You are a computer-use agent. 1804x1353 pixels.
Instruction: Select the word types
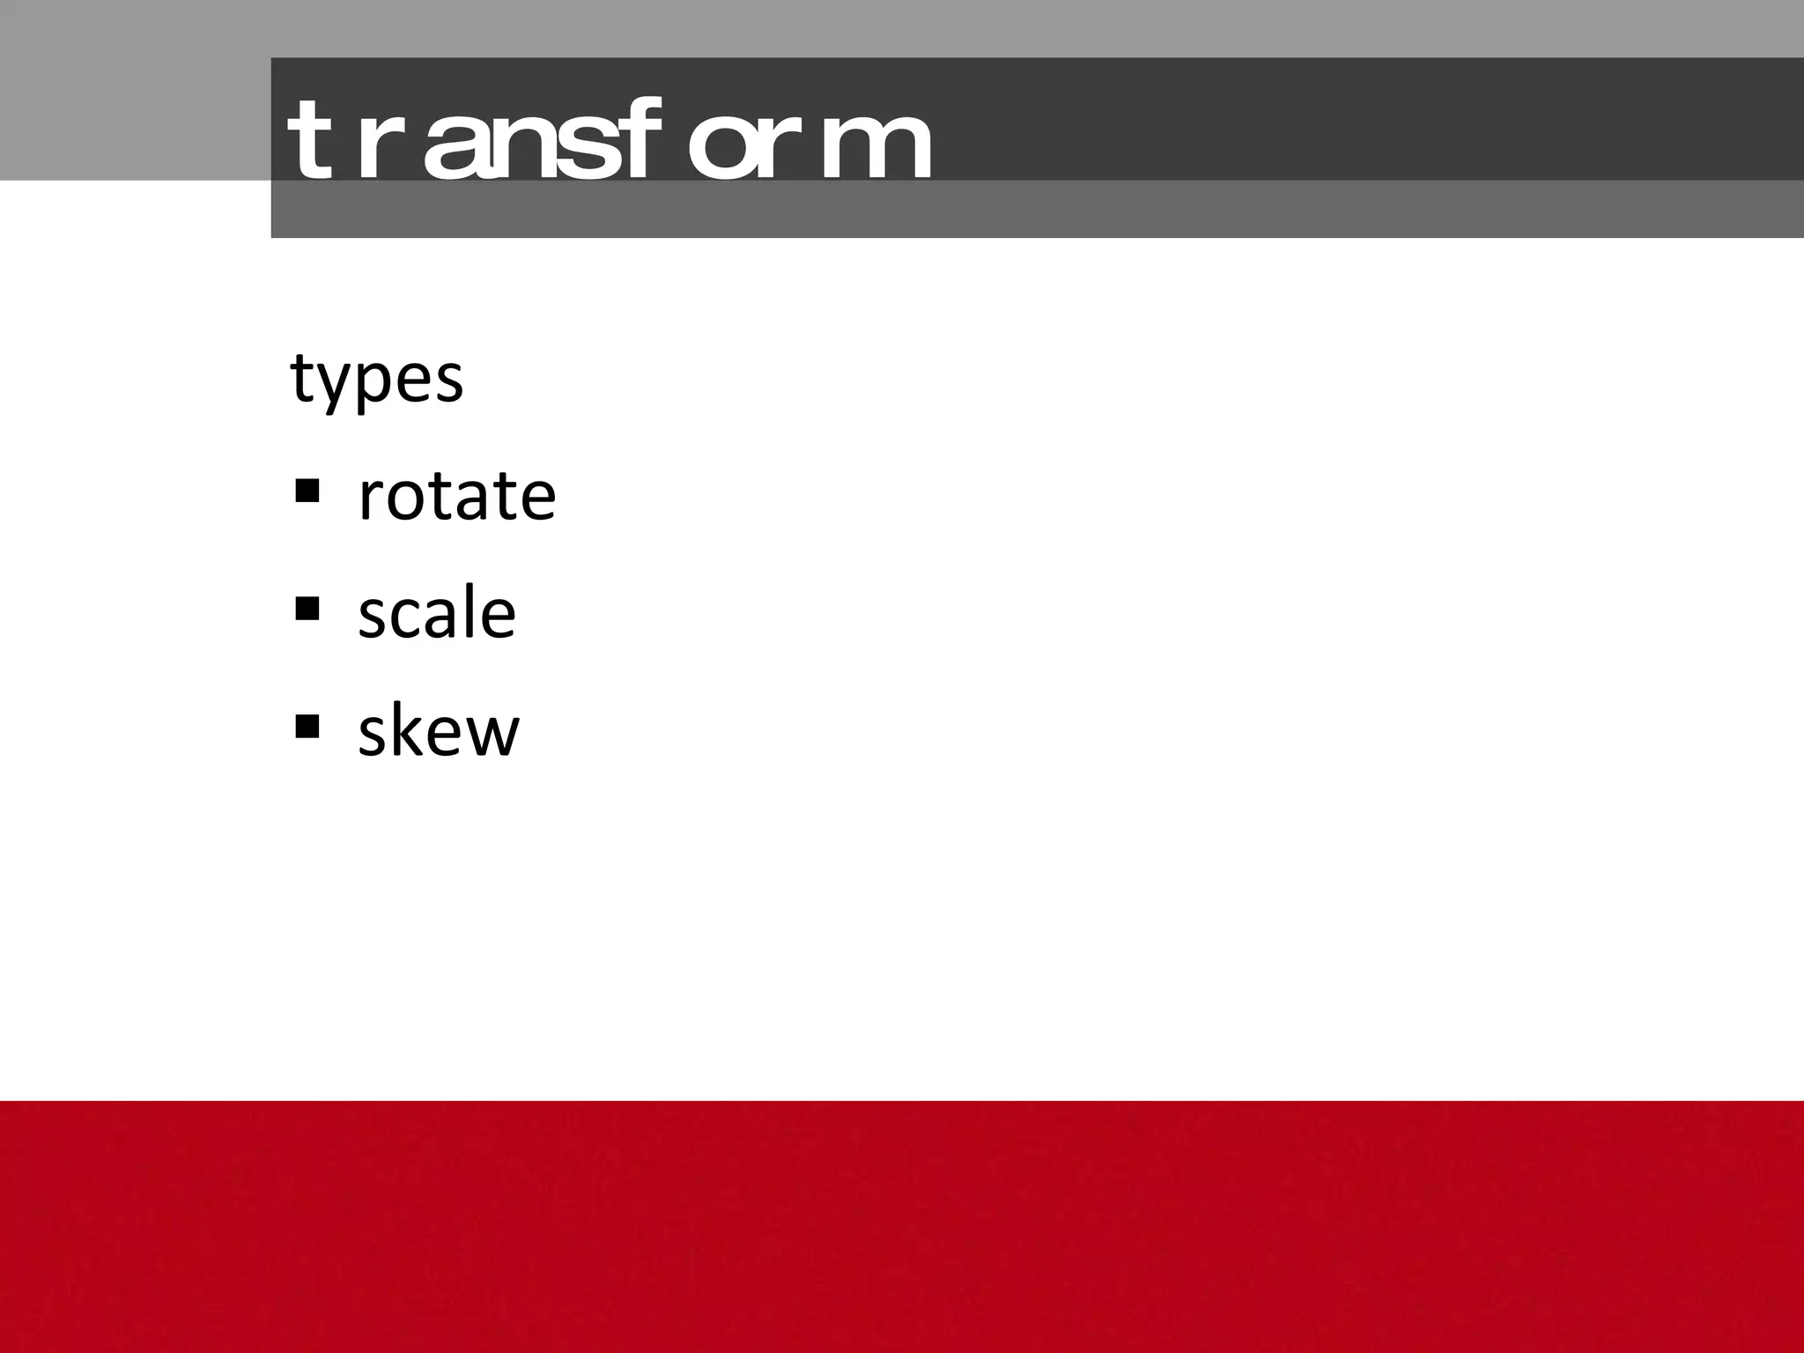(376, 379)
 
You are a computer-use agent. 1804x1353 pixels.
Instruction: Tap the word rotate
(456, 496)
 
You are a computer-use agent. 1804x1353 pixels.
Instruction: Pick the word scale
(436, 613)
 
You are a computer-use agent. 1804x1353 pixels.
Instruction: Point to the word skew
(439, 731)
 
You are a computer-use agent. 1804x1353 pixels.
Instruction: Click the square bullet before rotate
(307, 490)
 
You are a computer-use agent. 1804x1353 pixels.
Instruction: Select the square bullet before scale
(307, 608)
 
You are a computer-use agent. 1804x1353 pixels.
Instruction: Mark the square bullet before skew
(307, 726)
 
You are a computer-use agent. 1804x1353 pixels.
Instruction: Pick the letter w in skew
(490, 735)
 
